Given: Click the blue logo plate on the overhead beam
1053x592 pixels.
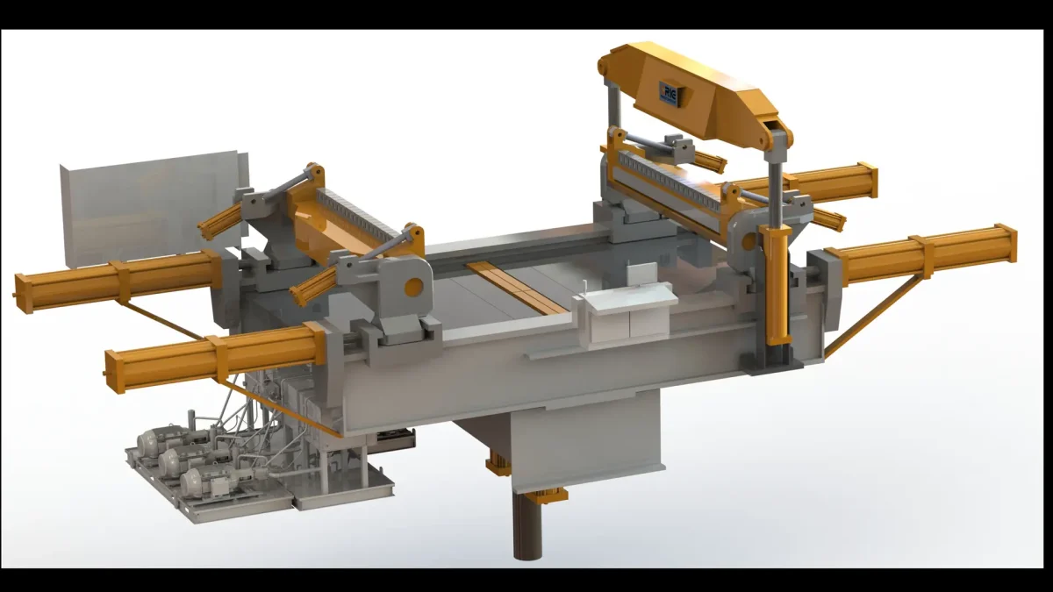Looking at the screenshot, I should coord(669,93).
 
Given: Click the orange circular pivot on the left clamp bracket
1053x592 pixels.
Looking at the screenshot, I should coord(410,287).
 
